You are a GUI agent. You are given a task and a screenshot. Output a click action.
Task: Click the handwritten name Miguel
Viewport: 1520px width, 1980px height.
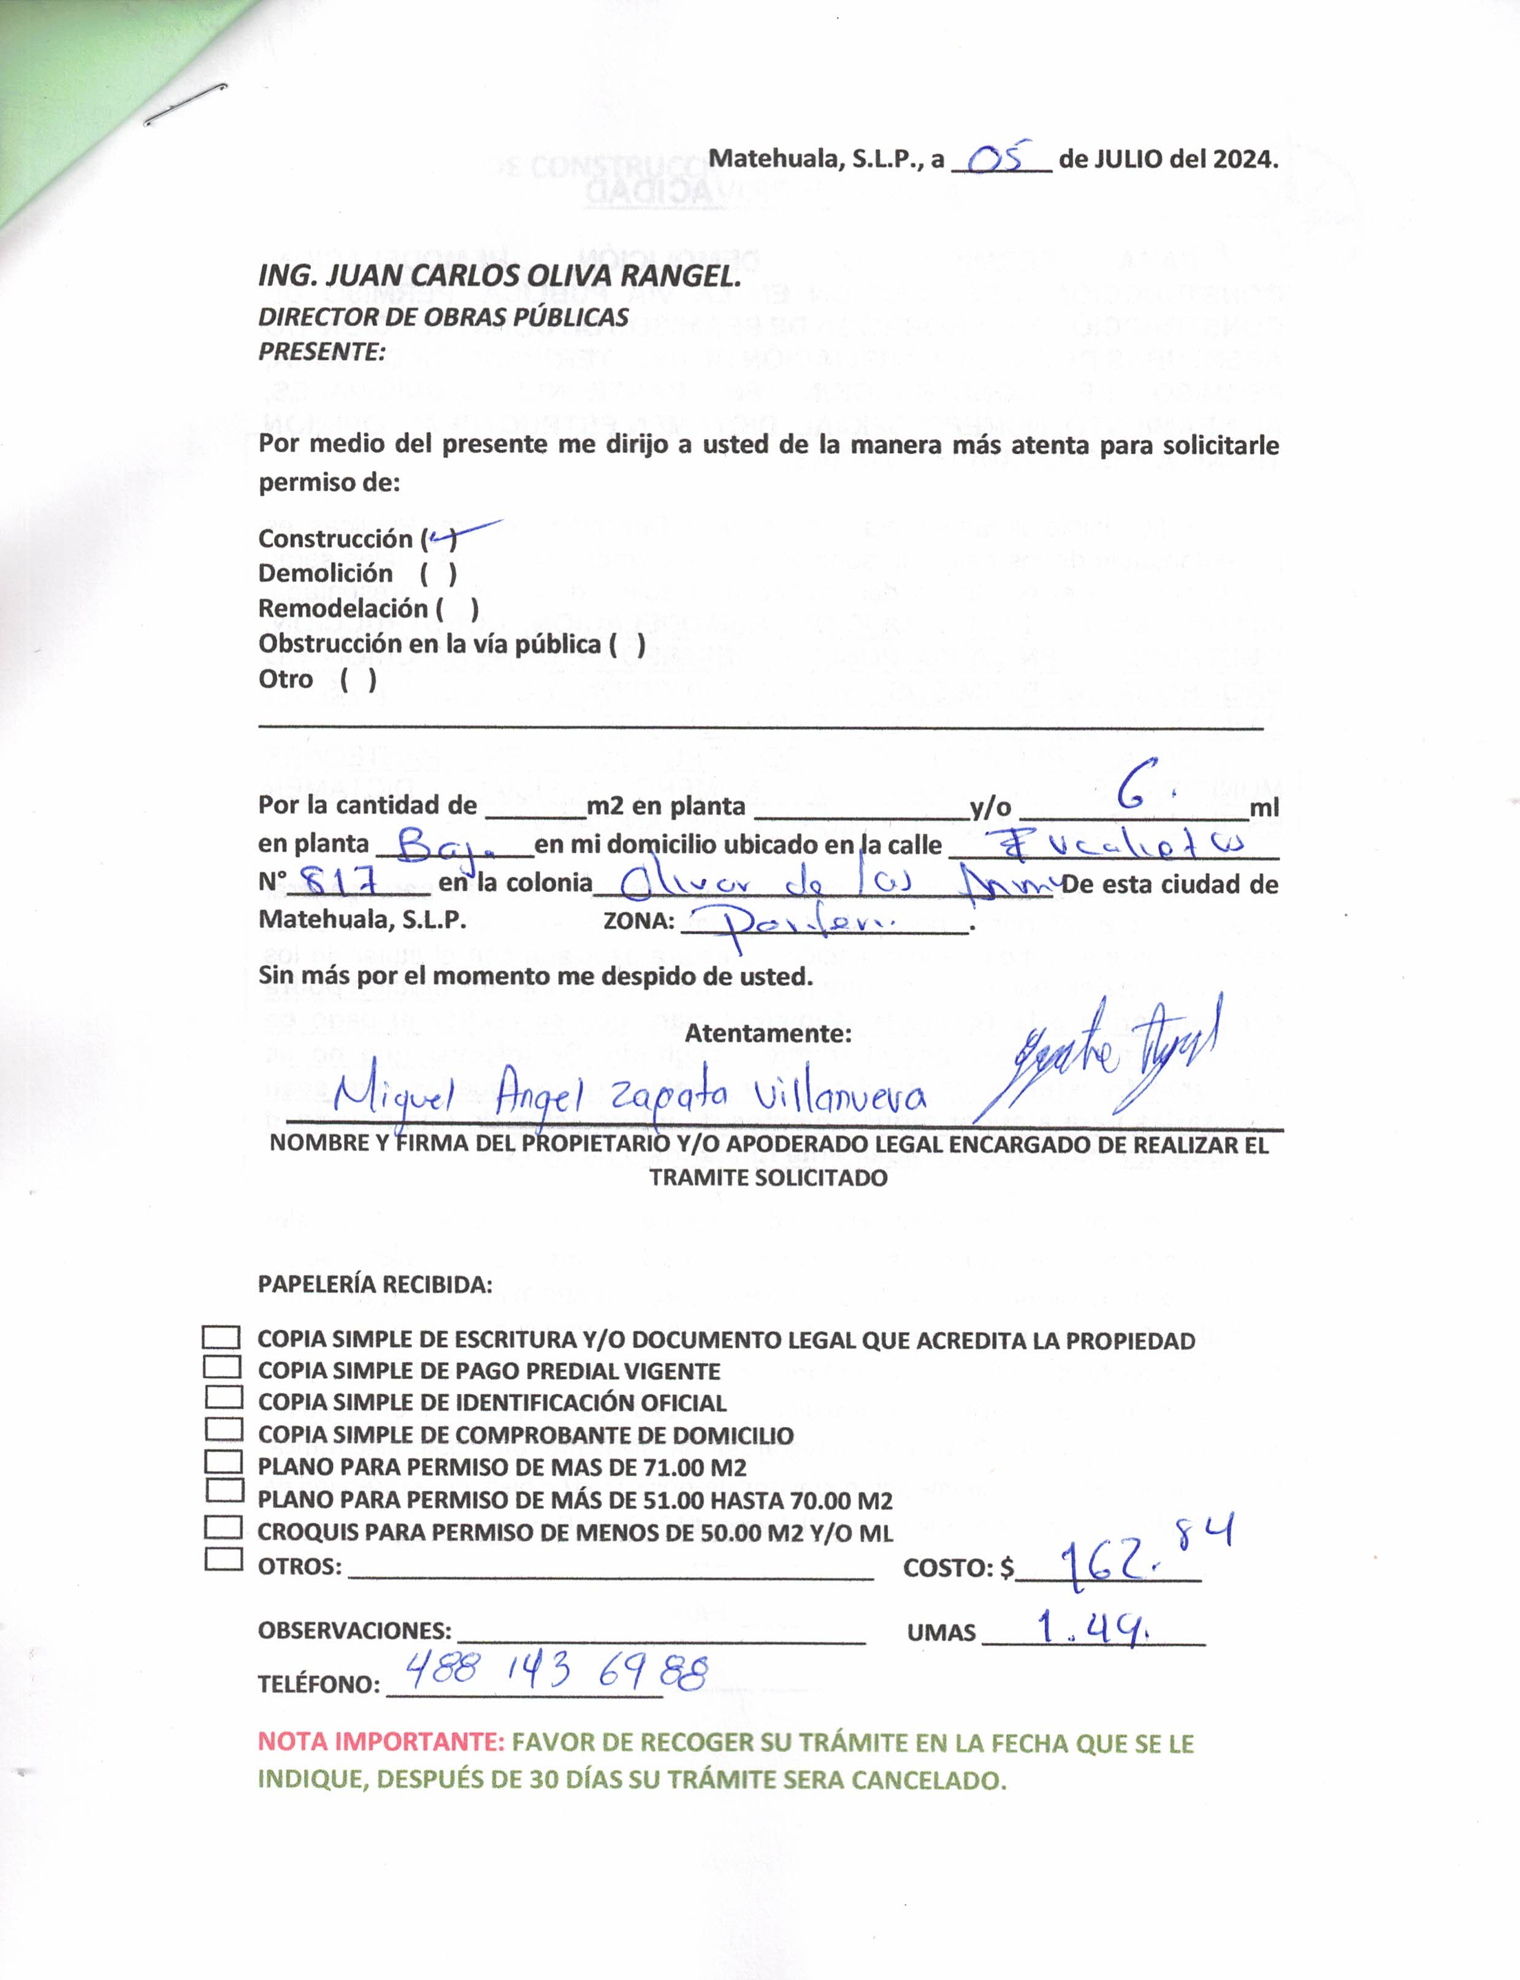pos(392,1097)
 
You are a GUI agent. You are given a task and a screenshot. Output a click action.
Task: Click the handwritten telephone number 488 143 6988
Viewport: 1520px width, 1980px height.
pos(556,1670)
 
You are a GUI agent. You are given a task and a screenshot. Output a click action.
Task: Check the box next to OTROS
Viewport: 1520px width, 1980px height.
pos(223,1559)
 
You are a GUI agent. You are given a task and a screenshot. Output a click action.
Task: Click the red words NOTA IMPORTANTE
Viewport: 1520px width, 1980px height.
pos(381,1742)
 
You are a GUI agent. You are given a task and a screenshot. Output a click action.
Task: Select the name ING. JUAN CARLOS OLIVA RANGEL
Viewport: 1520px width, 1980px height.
pos(500,276)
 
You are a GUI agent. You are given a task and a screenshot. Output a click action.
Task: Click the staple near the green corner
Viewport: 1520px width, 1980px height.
pos(185,104)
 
